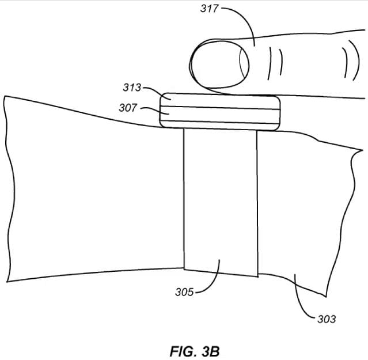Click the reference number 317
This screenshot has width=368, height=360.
pos(210,9)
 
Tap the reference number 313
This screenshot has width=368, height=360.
pos(132,88)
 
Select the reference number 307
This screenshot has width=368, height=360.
pos(128,108)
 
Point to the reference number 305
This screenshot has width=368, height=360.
pos(184,292)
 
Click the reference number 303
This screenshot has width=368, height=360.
pos(327,319)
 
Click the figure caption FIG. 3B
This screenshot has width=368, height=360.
pos(195,351)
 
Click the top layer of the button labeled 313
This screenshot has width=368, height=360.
pos(220,101)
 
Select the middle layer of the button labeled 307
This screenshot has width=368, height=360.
pos(220,115)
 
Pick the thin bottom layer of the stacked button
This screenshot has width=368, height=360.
pos(220,126)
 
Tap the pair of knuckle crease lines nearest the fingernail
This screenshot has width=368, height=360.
pos(275,63)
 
